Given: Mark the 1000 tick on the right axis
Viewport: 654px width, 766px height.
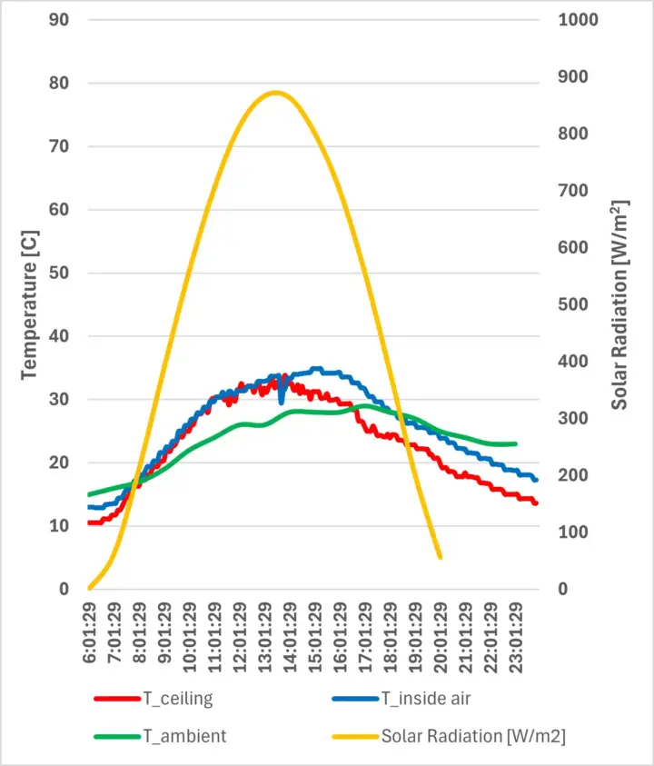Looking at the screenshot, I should (x=580, y=19).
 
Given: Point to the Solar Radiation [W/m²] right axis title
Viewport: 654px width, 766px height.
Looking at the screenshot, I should (x=619, y=303).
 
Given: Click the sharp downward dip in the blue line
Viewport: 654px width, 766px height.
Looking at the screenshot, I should (x=282, y=401).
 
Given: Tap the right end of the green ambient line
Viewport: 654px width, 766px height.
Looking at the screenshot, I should (x=515, y=444).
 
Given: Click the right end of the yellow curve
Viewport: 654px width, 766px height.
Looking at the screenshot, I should (x=441, y=557).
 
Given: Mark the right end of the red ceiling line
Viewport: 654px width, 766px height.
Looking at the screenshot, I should (x=536, y=502).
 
